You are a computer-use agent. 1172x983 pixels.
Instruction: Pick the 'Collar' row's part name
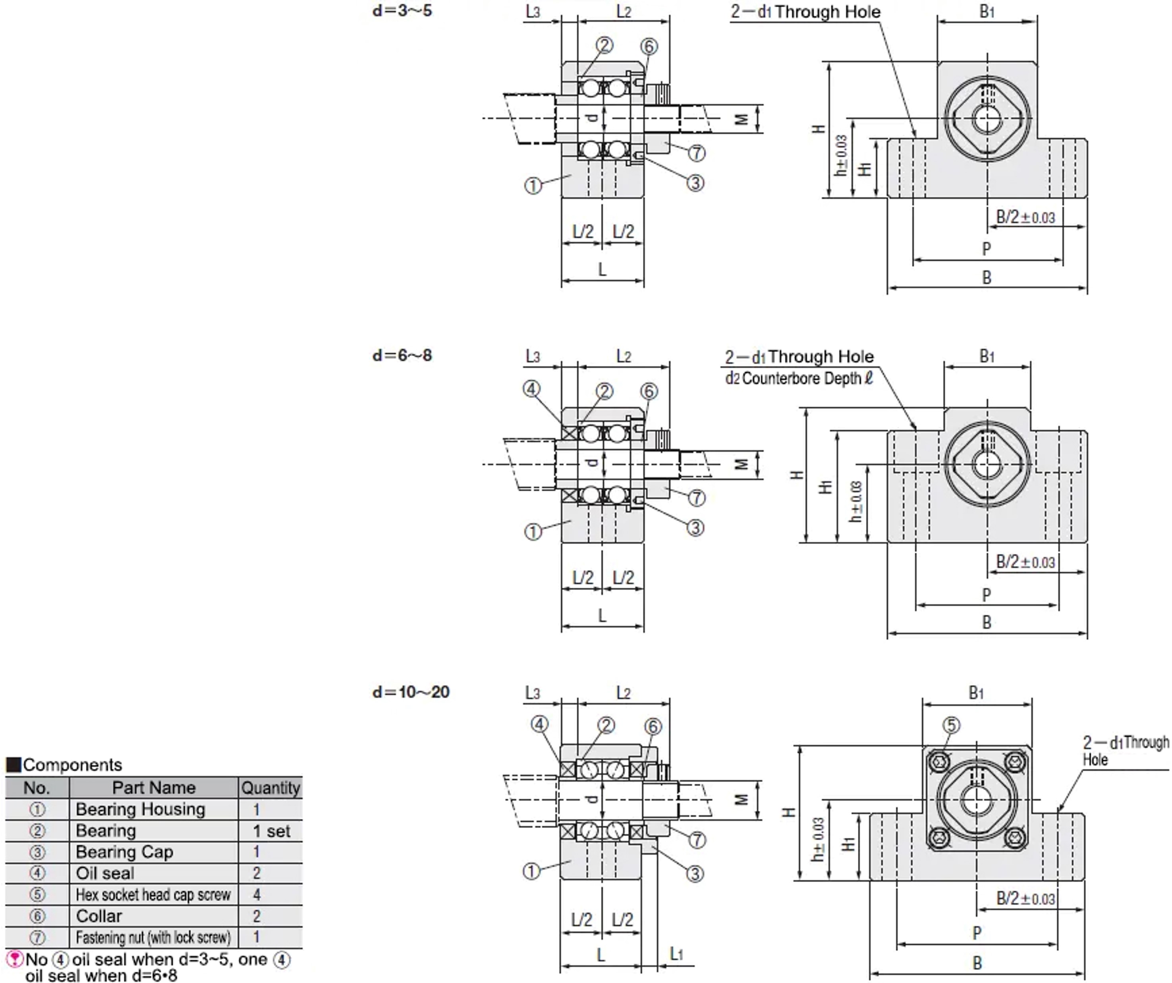[99, 916]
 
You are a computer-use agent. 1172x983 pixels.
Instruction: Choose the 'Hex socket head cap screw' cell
[153, 895]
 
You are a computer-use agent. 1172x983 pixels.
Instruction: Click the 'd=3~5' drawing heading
[402, 11]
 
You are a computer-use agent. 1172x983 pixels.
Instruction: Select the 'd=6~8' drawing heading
[402, 355]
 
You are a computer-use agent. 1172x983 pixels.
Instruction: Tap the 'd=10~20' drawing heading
[411, 692]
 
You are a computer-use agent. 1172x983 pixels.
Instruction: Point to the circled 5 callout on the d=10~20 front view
[951, 725]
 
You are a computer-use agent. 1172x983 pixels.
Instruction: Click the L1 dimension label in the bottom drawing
[676, 954]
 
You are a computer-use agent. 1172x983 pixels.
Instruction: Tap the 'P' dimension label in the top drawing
[986, 249]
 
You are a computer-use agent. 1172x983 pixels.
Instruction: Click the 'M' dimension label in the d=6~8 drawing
[741, 464]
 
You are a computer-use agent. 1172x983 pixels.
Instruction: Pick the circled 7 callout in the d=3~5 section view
[697, 153]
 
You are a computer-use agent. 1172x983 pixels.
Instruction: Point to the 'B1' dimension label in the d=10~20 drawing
[976, 693]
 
